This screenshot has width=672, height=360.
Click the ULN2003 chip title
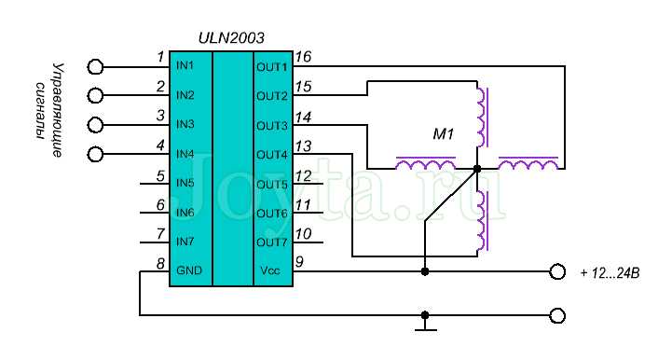coord(232,38)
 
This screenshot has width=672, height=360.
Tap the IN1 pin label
coord(185,66)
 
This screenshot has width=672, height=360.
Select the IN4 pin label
coord(185,154)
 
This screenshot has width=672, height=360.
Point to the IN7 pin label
coord(185,242)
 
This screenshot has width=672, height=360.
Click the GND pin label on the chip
coord(187,271)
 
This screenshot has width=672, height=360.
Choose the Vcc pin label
coord(269,271)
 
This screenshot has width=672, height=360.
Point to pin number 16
coord(303,57)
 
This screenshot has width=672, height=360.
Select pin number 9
coord(299,262)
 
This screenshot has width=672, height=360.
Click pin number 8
coord(160,262)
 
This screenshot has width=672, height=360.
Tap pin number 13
coord(303,145)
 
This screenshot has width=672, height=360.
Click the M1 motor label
coord(443,134)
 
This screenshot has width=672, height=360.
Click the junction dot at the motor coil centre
coord(477,169)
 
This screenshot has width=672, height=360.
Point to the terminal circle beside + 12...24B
coord(557,271)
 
